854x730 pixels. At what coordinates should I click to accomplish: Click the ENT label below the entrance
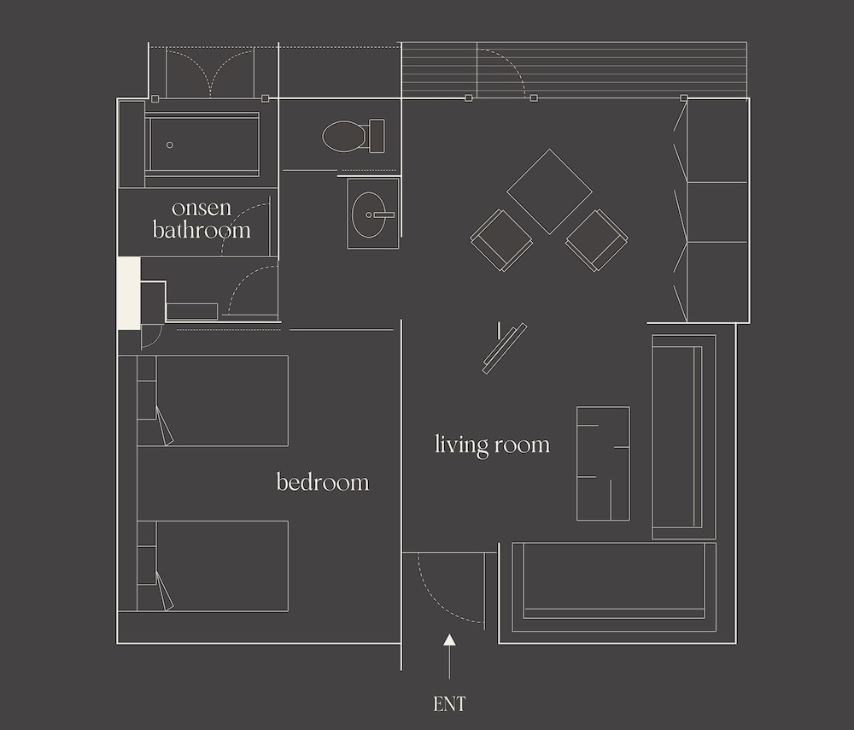[x=449, y=704]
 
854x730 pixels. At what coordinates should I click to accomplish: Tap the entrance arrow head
[x=449, y=640]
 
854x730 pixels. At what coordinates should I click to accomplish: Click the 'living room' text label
[x=493, y=444]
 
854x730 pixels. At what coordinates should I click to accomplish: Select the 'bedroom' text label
[x=323, y=482]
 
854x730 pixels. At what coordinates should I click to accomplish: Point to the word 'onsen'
[x=202, y=208]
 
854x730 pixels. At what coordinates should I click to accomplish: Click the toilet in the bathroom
[x=354, y=136]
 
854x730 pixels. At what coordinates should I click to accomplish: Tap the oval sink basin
[x=369, y=215]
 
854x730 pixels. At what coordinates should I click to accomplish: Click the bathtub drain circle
[x=170, y=145]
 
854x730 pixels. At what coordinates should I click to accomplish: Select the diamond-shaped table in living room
[x=549, y=191]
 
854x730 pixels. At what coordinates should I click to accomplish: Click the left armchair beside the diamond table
[x=501, y=240]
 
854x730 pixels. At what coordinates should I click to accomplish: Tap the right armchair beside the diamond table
[x=597, y=240]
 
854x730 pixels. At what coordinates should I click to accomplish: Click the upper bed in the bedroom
[x=213, y=401]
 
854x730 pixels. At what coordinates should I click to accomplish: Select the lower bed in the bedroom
[x=213, y=566]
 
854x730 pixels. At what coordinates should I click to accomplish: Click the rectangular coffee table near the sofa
[x=604, y=463]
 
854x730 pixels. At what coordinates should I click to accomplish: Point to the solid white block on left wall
[x=129, y=293]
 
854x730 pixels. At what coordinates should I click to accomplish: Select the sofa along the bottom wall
[x=614, y=587]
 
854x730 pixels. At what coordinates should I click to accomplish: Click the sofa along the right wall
[x=684, y=437]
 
